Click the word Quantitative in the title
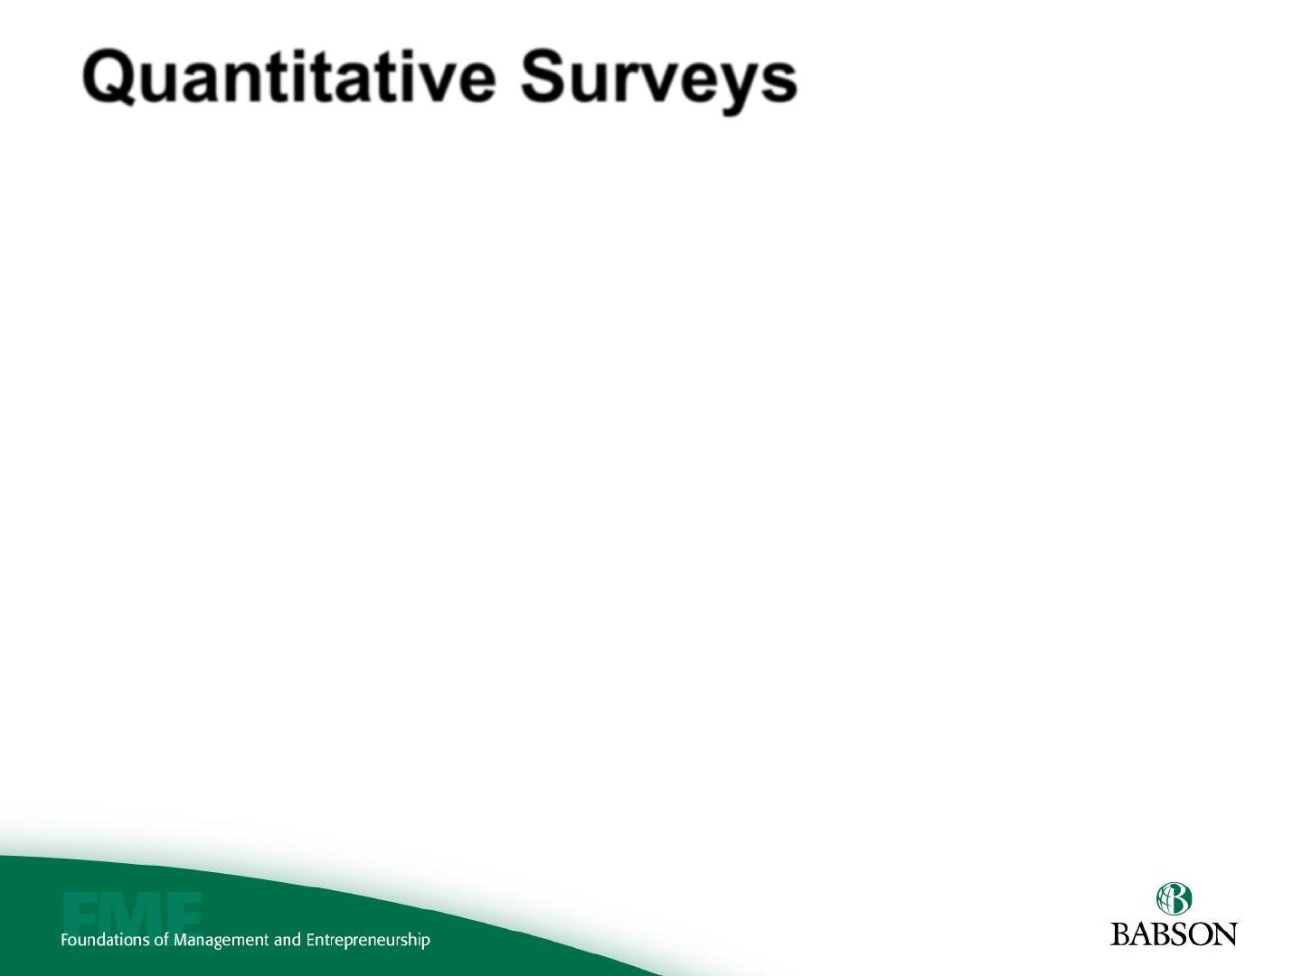(288, 78)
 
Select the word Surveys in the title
(659, 81)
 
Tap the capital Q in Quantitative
(108, 78)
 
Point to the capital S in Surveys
(543, 76)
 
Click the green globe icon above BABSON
(1174, 899)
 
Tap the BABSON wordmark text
(1174, 934)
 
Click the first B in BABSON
(1121, 934)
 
